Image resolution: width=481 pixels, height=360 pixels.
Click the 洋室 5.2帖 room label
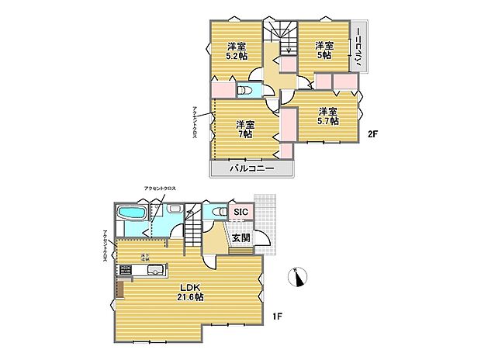click(237, 50)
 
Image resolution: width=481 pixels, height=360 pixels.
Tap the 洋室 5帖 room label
click(323, 50)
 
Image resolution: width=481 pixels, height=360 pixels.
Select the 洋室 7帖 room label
click(244, 129)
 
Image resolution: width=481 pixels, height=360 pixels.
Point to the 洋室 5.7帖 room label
click(327, 116)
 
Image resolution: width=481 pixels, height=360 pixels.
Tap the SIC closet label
click(240, 213)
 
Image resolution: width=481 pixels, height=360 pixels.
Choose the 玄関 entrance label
click(240, 238)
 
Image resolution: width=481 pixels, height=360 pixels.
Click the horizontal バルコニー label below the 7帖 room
click(251, 168)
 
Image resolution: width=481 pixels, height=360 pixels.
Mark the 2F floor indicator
click(372, 133)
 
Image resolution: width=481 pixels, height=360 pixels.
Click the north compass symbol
click(299, 275)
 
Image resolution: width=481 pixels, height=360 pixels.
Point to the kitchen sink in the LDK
click(154, 271)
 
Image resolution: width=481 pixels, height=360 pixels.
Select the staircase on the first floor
click(193, 232)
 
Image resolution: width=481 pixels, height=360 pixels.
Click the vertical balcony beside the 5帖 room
click(358, 48)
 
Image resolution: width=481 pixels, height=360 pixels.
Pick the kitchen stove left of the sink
click(125, 271)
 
